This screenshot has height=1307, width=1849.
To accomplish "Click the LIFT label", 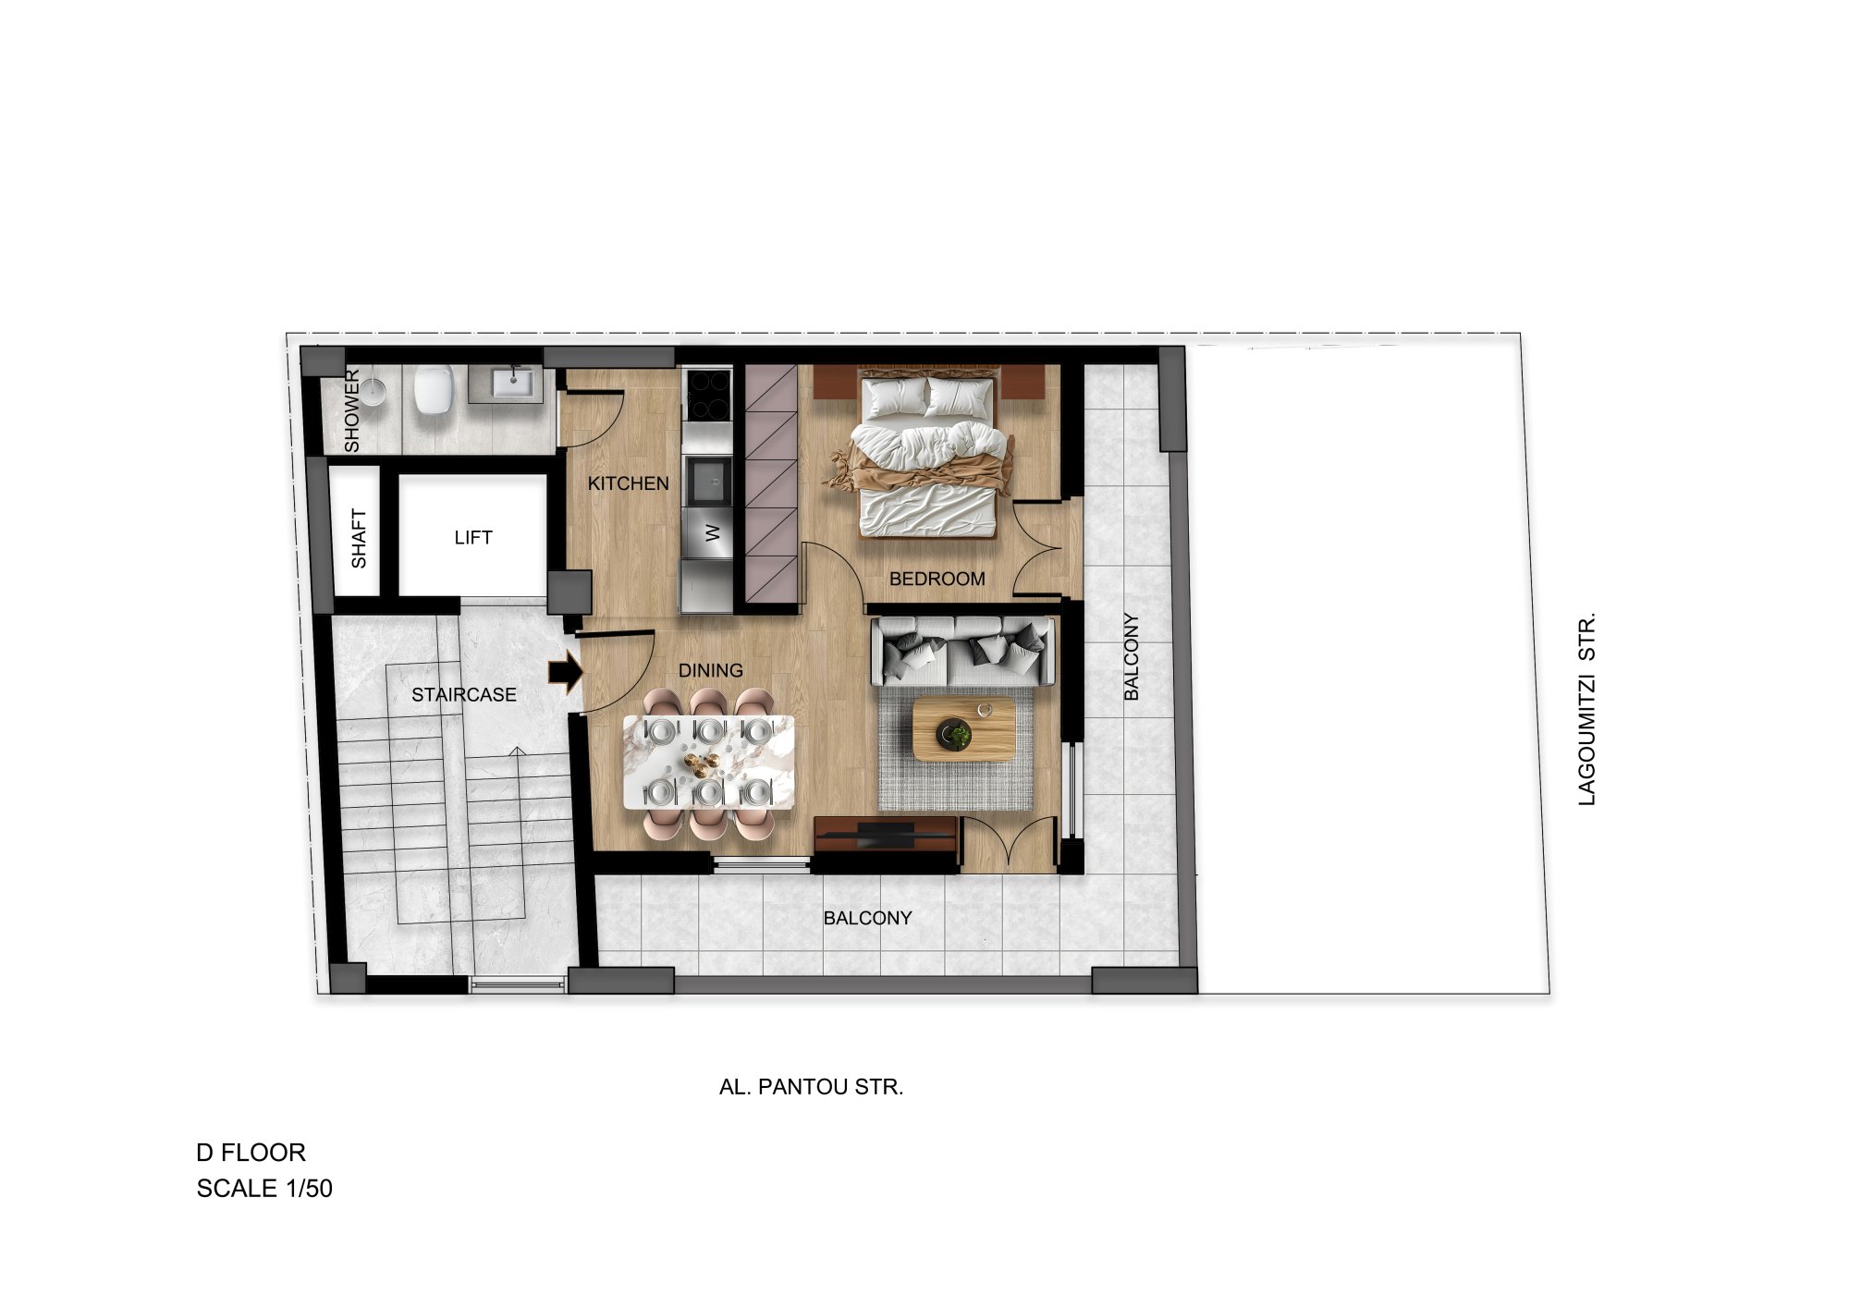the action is (473, 537).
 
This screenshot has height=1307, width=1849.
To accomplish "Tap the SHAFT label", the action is (359, 539).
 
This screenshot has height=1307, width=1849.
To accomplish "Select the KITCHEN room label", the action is (629, 483).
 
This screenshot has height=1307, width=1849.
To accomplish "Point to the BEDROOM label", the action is (937, 579).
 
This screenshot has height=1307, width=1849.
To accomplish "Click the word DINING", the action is (711, 670).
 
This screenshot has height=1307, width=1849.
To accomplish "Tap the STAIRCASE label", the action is (464, 694).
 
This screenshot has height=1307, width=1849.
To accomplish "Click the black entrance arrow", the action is (566, 673).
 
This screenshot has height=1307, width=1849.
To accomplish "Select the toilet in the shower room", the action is (433, 389).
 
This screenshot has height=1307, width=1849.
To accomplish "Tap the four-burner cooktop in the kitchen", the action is (707, 396).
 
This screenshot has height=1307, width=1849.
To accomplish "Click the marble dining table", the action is (708, 763).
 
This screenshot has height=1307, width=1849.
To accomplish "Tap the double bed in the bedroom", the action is (928, 454).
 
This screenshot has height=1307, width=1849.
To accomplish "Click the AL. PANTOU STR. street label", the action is (811, 1087).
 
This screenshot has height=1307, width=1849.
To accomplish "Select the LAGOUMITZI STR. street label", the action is (1586, 709).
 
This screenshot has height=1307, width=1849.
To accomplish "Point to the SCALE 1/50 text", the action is (264, 1189).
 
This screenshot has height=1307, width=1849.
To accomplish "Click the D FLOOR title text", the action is (251, 1153).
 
